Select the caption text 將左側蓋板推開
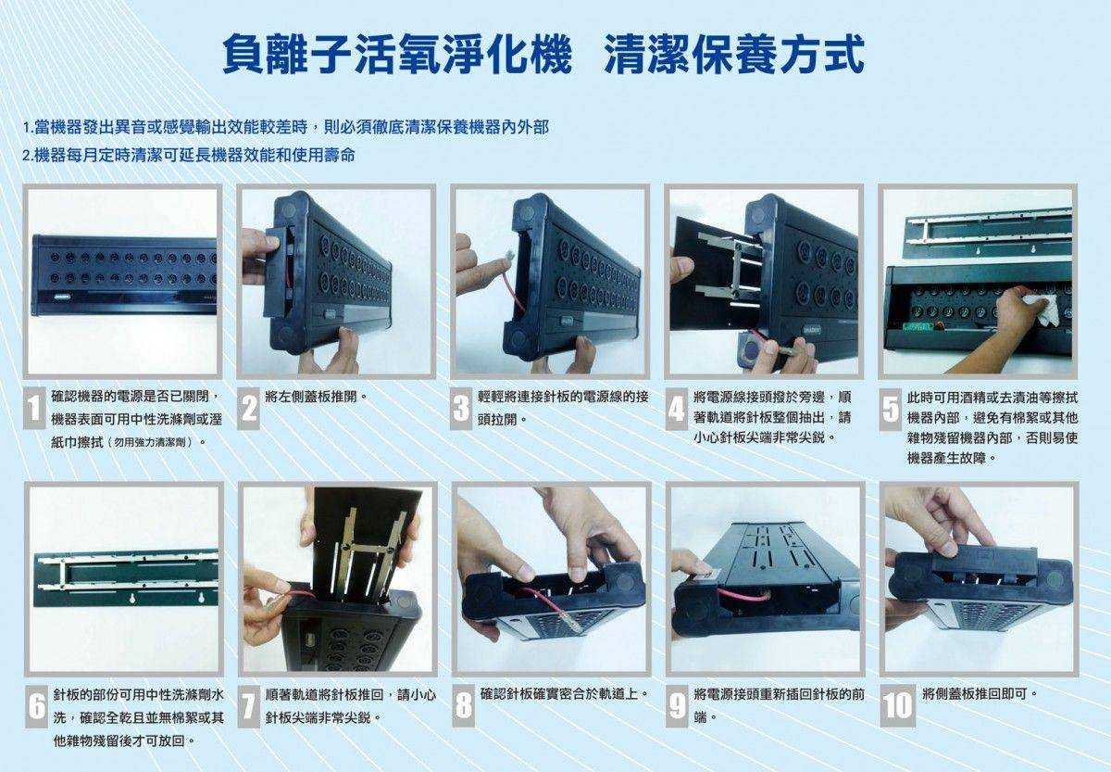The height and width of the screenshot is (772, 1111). pyautogui.click(x=316, y=397)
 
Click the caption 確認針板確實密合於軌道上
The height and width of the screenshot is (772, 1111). pyautogui.click(x=563, y=693)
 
